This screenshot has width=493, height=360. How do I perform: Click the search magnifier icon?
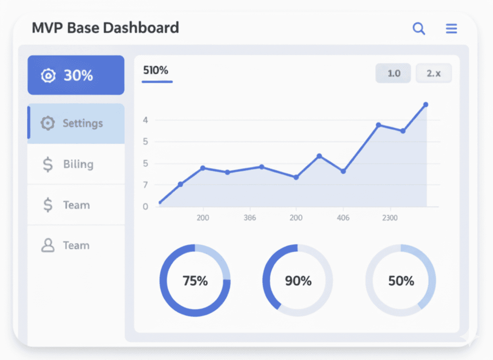coord(418,29)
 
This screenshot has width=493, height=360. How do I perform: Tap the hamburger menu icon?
coord(451,29)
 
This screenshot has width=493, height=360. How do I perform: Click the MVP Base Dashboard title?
coord(105,28)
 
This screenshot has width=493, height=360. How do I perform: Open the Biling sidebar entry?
coord(78,164)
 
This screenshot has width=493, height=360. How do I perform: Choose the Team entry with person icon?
coord(76,245)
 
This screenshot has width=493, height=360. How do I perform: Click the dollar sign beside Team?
coord(48,205)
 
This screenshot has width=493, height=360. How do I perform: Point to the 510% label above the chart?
coord(156,70)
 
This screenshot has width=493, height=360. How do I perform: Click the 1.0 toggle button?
coord(393,73)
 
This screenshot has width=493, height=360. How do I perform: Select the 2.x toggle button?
coord(433,73)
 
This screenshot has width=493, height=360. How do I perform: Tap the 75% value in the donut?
coord(195,281)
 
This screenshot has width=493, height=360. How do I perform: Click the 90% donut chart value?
coord(298,281)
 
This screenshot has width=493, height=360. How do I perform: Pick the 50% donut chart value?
coord(401,281)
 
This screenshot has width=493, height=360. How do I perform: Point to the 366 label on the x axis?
coord(250,218)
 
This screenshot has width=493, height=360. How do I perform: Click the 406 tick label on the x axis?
coord(343,218)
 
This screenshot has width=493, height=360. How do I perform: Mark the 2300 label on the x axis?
coord(389,218)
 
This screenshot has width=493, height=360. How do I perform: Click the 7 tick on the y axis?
coord(146,185)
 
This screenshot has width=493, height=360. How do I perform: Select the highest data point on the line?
coord(426,105)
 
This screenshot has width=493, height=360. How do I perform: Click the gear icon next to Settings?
coord(47,123)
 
